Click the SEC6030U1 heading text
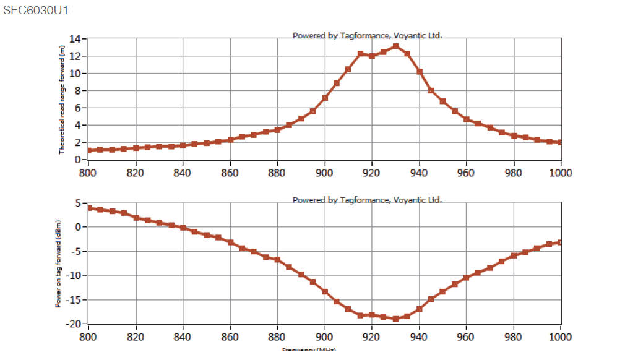pyautogui.click(x=37, y=11)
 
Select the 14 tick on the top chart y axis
pyautogui.click(x=75, y=38)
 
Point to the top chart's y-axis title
pyautogui.click(x=62, y=99)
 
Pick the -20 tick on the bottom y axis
pyautogui.click(x=74, y=324)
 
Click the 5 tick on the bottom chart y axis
pyautogui.click(x=79, y=203)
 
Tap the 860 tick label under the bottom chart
pyautogui.click(x=230, y=336)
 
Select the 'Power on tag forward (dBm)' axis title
pyautogui.click(x=58, y=263)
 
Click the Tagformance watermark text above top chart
pyautogui.click(x=367, y=36)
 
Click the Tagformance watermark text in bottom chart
pyautogui.click(x=367, y=200)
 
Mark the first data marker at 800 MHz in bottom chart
pyautogui.click(x=89, y=208)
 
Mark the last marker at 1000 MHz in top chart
pyautogui.click(x=561, y=142)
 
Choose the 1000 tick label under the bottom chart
pyautogui.click(x=561, y=336)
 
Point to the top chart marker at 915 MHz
pyautogui.click(x=361, y=54)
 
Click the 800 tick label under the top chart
pyautogui.click(x=88, y=173)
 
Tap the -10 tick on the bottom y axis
pyautogui.click(x=74, y=275)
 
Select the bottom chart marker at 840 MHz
pyautogui.click(x=183, y=228)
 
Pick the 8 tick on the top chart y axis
pyautogui.click(x=79, y=90)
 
